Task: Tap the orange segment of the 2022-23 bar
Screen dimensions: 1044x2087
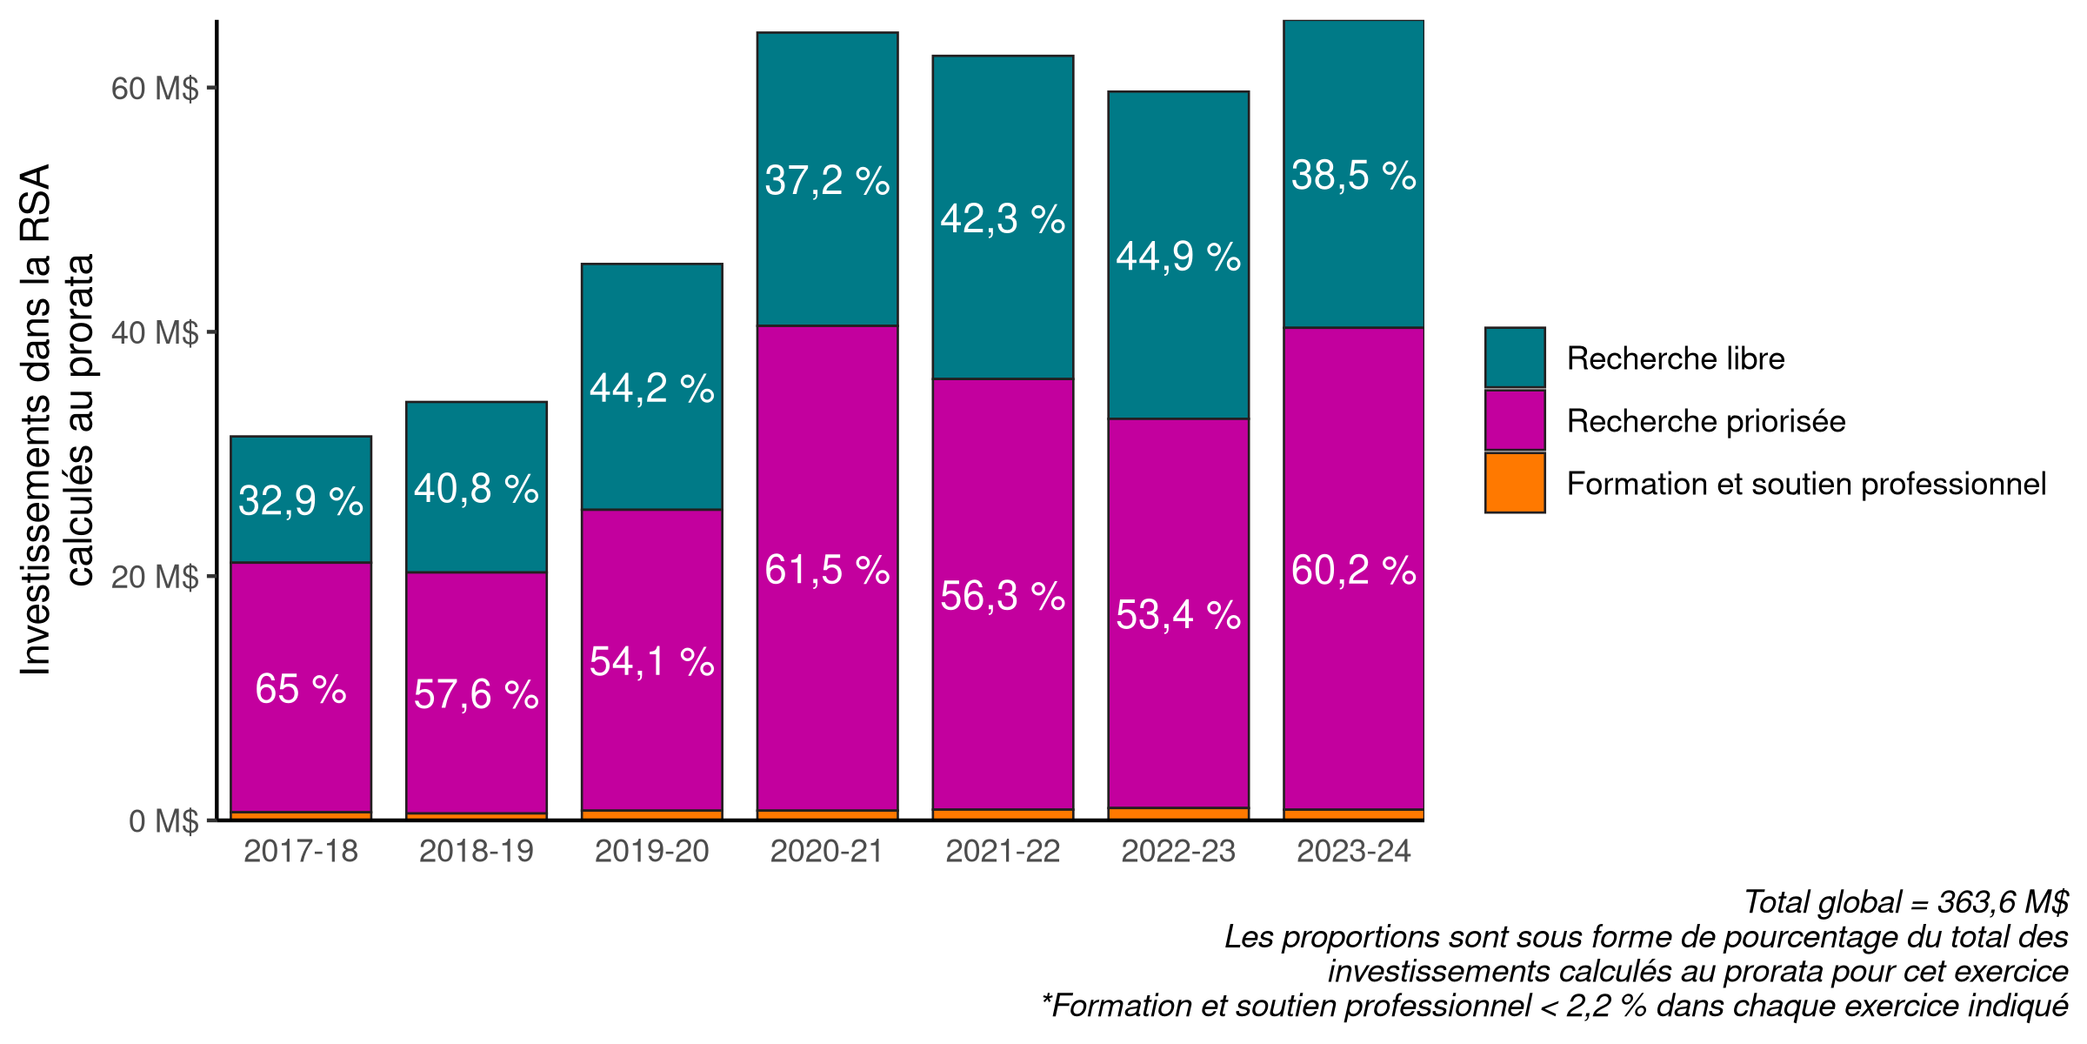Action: point(1178,813)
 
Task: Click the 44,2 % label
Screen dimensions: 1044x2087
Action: point(651,389)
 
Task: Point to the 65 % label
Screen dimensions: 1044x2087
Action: point(301,689)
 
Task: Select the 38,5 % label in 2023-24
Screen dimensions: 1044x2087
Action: point(1353,176)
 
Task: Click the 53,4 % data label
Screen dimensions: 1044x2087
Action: point(1178,615)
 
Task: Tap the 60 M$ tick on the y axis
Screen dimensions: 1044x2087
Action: point(155,89)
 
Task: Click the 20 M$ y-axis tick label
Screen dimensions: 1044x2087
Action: point(155,577)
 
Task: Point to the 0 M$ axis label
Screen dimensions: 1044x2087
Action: point(163,821)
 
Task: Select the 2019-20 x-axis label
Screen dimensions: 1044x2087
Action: point(651,851)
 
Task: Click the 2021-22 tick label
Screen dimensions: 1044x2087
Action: point(1003,851)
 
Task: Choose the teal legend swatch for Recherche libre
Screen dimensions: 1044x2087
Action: point(1515,358)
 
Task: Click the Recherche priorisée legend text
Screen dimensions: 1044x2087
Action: point(1705,421)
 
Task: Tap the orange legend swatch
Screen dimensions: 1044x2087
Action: point(1515,483)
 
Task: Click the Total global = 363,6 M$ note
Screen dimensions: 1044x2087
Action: point(1906,902)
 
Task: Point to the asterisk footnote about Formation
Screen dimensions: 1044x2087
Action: point(1554,1006)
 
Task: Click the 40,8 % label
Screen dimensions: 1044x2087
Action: point(477,489)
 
